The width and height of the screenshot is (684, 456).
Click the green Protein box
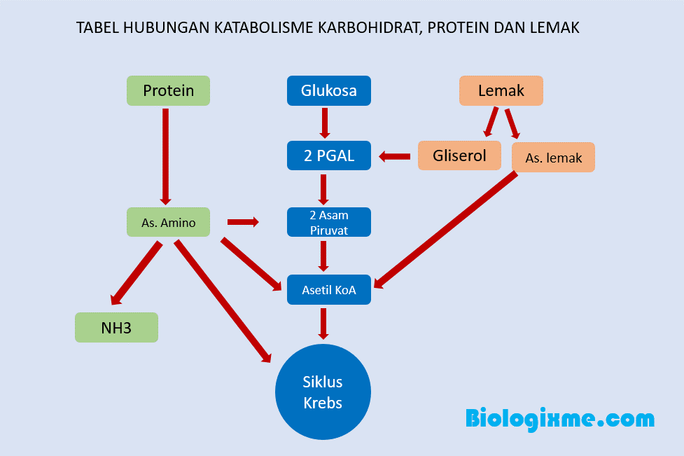click(x=168, y=91)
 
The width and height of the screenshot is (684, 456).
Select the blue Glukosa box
click(x=328, y=91)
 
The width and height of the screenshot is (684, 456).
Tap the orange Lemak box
click(x=501, y=91)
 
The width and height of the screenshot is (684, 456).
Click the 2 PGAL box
click(x=328, y=156)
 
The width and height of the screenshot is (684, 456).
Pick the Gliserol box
click(x=459, y=156)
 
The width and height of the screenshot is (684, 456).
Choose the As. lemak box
click(x=553, y=158)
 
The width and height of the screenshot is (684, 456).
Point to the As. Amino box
click(x=168, y=222)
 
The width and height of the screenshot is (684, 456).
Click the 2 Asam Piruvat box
click(x=328, y=222)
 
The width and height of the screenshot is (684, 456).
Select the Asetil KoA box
click(x=328, y=289)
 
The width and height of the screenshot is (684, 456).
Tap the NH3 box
click(x=116, y=327)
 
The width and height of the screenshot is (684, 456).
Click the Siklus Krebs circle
click(x=323, y=392)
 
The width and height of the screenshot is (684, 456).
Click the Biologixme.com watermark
click(x=559, y=419)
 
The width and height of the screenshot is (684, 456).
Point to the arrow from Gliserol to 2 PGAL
click(x=395, y=157)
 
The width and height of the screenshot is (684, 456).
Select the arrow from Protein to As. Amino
click(x=166, y=156)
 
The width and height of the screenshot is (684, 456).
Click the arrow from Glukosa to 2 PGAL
click(x=324, y=123)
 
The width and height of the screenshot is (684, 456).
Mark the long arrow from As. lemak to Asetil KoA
click(x=448, y=228)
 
